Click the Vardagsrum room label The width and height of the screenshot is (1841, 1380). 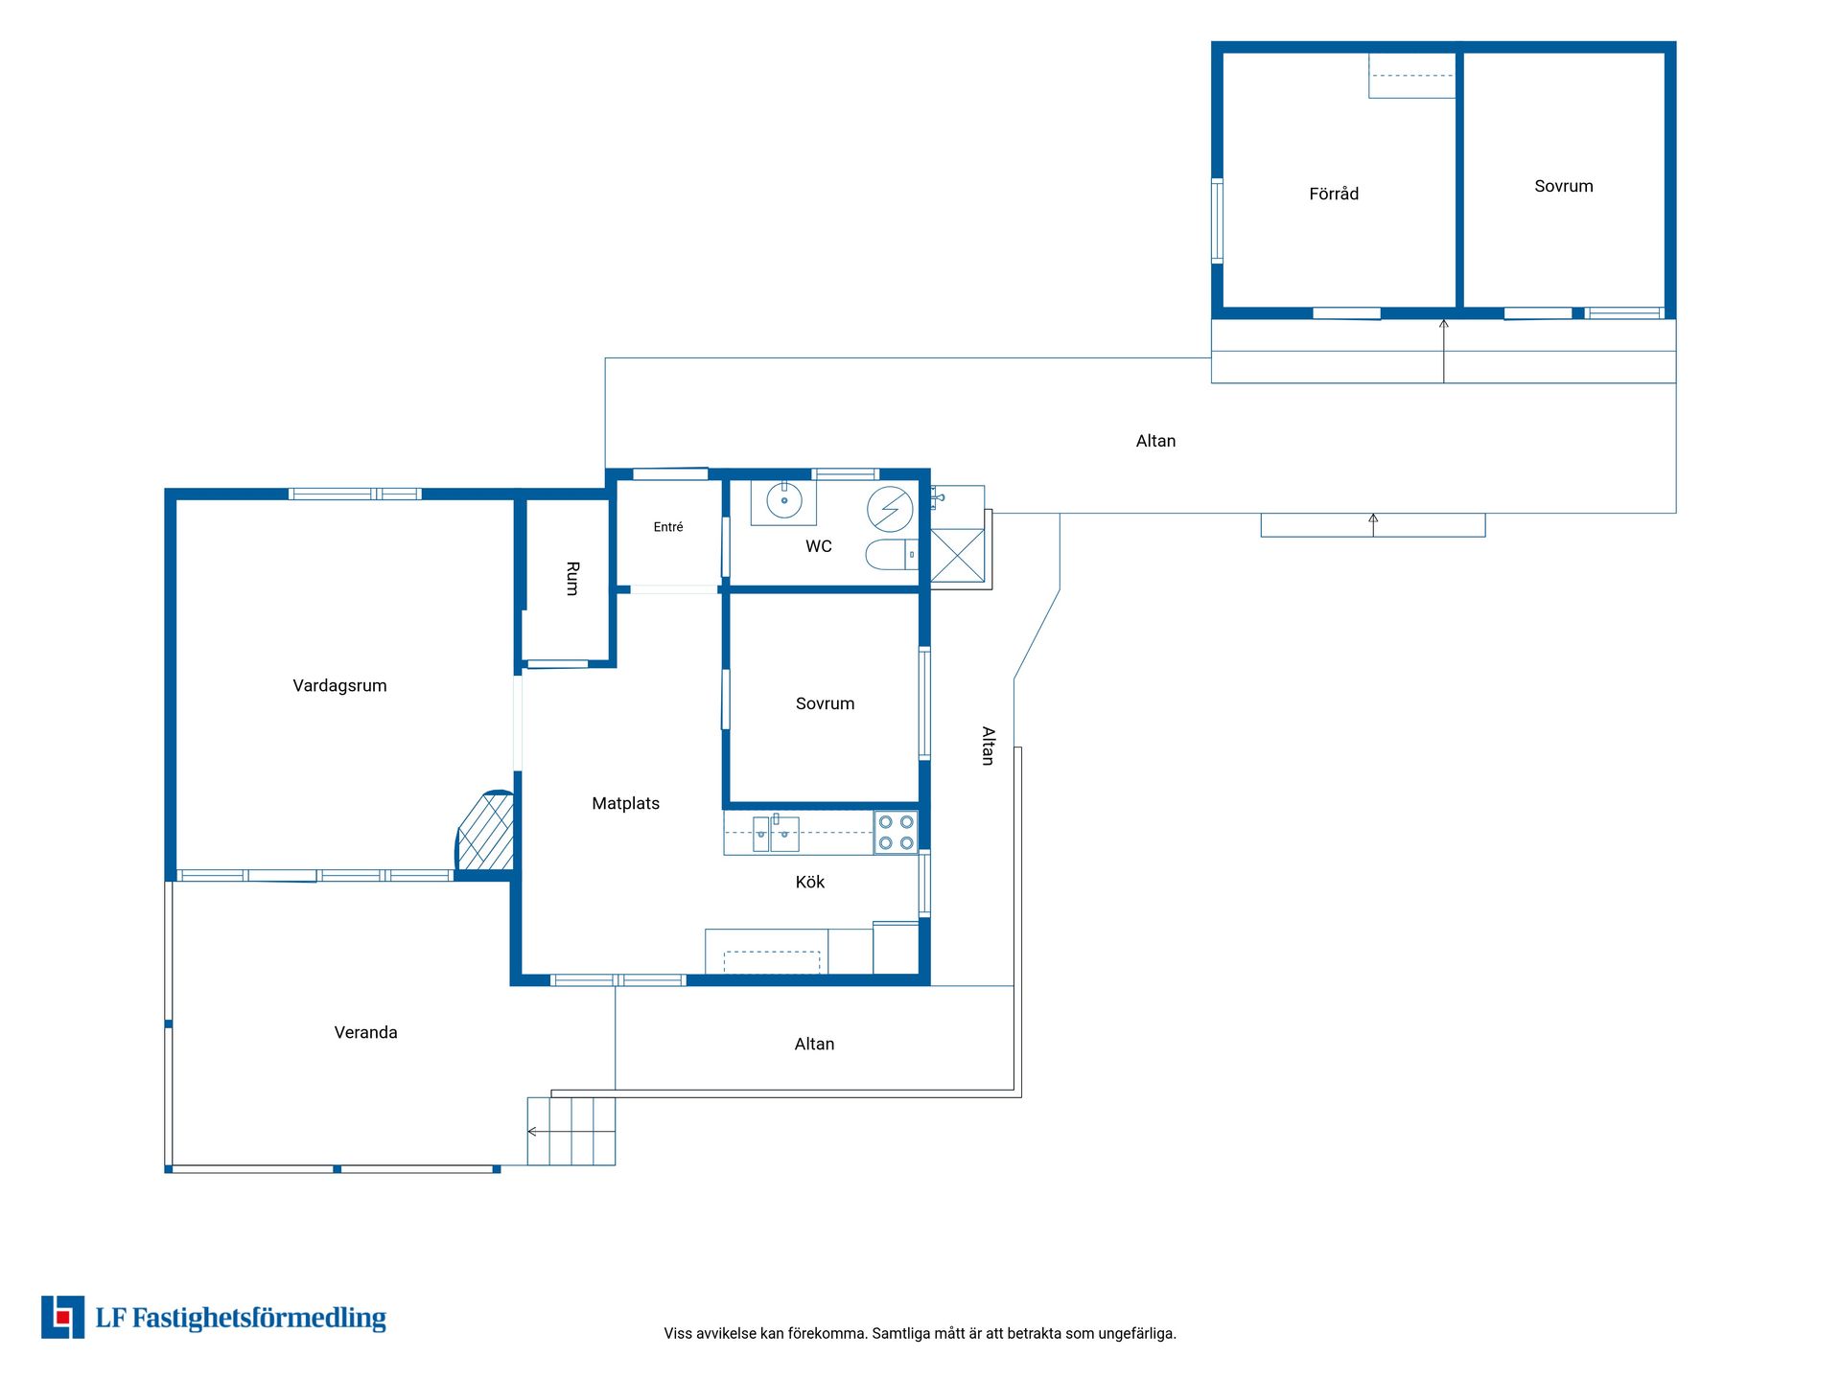[339, 686]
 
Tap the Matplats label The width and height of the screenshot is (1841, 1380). [625, 803]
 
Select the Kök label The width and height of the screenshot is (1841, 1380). [810, 882]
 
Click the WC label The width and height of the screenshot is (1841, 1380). [819, 546]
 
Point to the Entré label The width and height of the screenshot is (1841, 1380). [668, 527]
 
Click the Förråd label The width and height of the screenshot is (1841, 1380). [1334, 194]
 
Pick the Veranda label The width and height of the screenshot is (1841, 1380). [365, 1032]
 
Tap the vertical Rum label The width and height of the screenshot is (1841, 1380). [572, 579]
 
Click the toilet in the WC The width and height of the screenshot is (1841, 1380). [892, 554]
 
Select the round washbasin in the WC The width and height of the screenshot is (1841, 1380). [783, 500]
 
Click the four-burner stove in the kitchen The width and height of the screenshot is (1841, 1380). [896, 832]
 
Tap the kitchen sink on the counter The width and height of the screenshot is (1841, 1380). [776, 833]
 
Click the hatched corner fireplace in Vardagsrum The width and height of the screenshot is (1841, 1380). [486, 831]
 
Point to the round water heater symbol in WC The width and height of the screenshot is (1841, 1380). [890, 509]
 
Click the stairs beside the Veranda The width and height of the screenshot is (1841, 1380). [571, 1131]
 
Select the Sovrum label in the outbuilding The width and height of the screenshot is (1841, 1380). [1563, 186]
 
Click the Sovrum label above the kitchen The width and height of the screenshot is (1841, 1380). [825, 703]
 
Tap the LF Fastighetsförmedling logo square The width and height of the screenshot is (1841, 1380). [62, 1317]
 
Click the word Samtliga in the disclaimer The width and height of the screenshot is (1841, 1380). [900, 1333]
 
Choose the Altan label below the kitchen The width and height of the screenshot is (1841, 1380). [814, 1044]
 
